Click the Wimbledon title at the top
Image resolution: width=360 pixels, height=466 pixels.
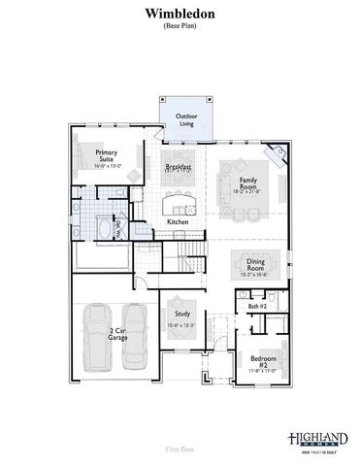(180, 16)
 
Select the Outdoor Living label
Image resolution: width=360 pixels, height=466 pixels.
(184, 120)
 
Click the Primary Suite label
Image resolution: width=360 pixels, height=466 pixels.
(106, 157)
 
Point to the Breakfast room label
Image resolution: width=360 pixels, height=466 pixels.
(179, 167)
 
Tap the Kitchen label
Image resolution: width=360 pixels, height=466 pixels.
(178, 222)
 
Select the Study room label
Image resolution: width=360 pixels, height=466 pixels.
(182, 315)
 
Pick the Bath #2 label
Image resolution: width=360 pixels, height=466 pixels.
(257, 307)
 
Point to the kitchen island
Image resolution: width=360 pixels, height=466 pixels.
(179, 202)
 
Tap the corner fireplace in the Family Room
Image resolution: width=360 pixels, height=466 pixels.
(278, 154)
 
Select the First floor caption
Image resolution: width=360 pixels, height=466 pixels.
(180, 449)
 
